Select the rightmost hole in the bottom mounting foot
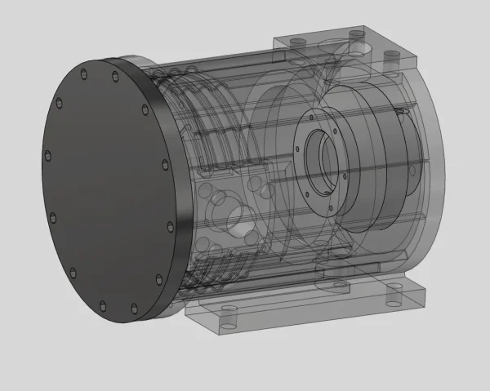click(x=395, y=294)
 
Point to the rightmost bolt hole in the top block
click(x=391, y=56)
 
